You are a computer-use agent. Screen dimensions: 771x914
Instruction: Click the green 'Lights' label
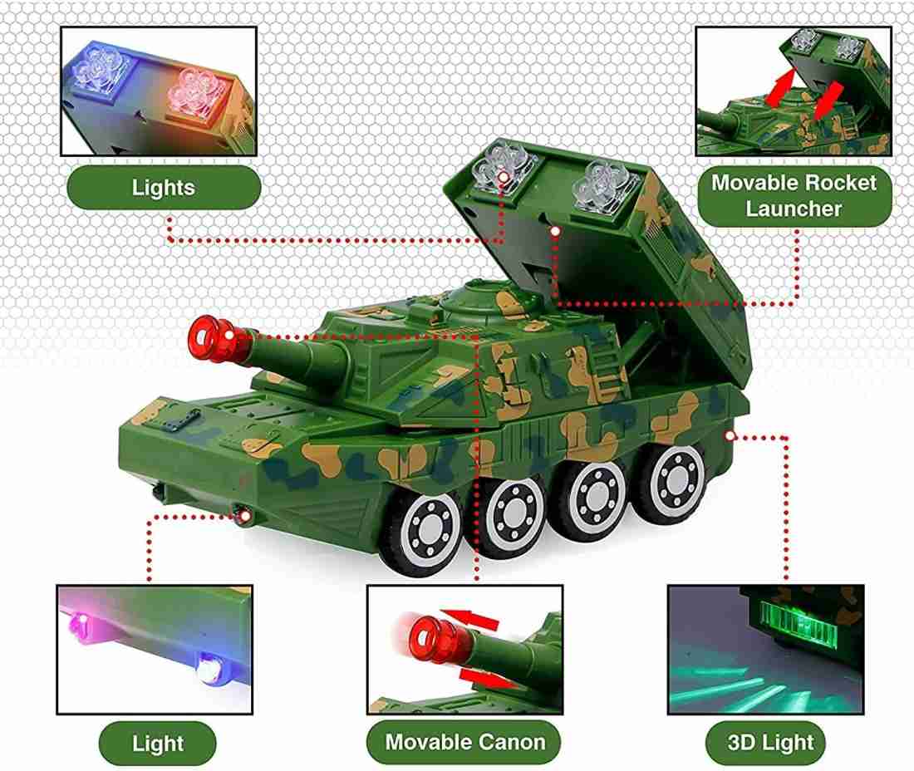click(163, 187)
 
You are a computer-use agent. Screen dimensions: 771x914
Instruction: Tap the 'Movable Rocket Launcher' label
click(794, 195)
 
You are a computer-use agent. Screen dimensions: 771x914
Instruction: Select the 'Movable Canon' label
click(464, 742)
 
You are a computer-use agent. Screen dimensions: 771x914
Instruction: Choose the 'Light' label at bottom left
click(158, 743)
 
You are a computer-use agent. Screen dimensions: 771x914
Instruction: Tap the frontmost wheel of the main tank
click(432, 530)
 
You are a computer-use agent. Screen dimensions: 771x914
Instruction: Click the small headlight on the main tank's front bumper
click(245, 516)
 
